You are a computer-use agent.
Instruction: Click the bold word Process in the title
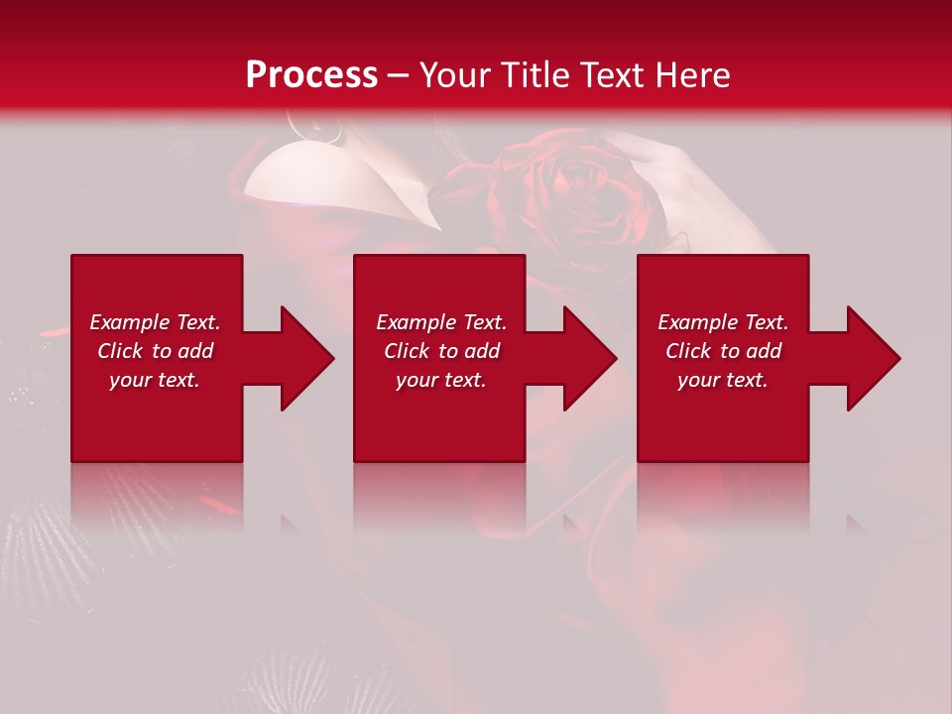click(x=311, y=75)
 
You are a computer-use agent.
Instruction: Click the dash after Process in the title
click(x=399, y=76)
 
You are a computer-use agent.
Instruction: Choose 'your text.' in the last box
click(x=723, y=380)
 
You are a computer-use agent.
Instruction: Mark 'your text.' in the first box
click(x=155, y=380)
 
